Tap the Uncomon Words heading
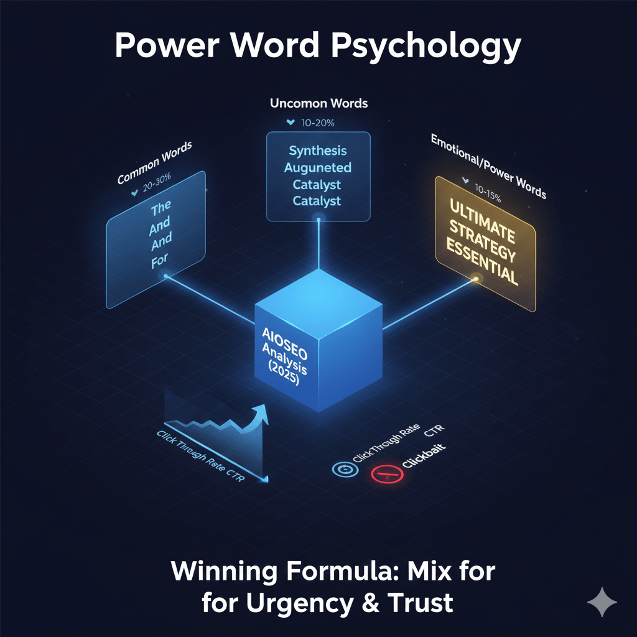click(318, 103)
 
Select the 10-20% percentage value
click(318, 123)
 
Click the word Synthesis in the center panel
click(318, 151)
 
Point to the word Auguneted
click(318, 168)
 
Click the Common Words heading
click(156, 163)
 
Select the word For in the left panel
click(159, 262)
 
